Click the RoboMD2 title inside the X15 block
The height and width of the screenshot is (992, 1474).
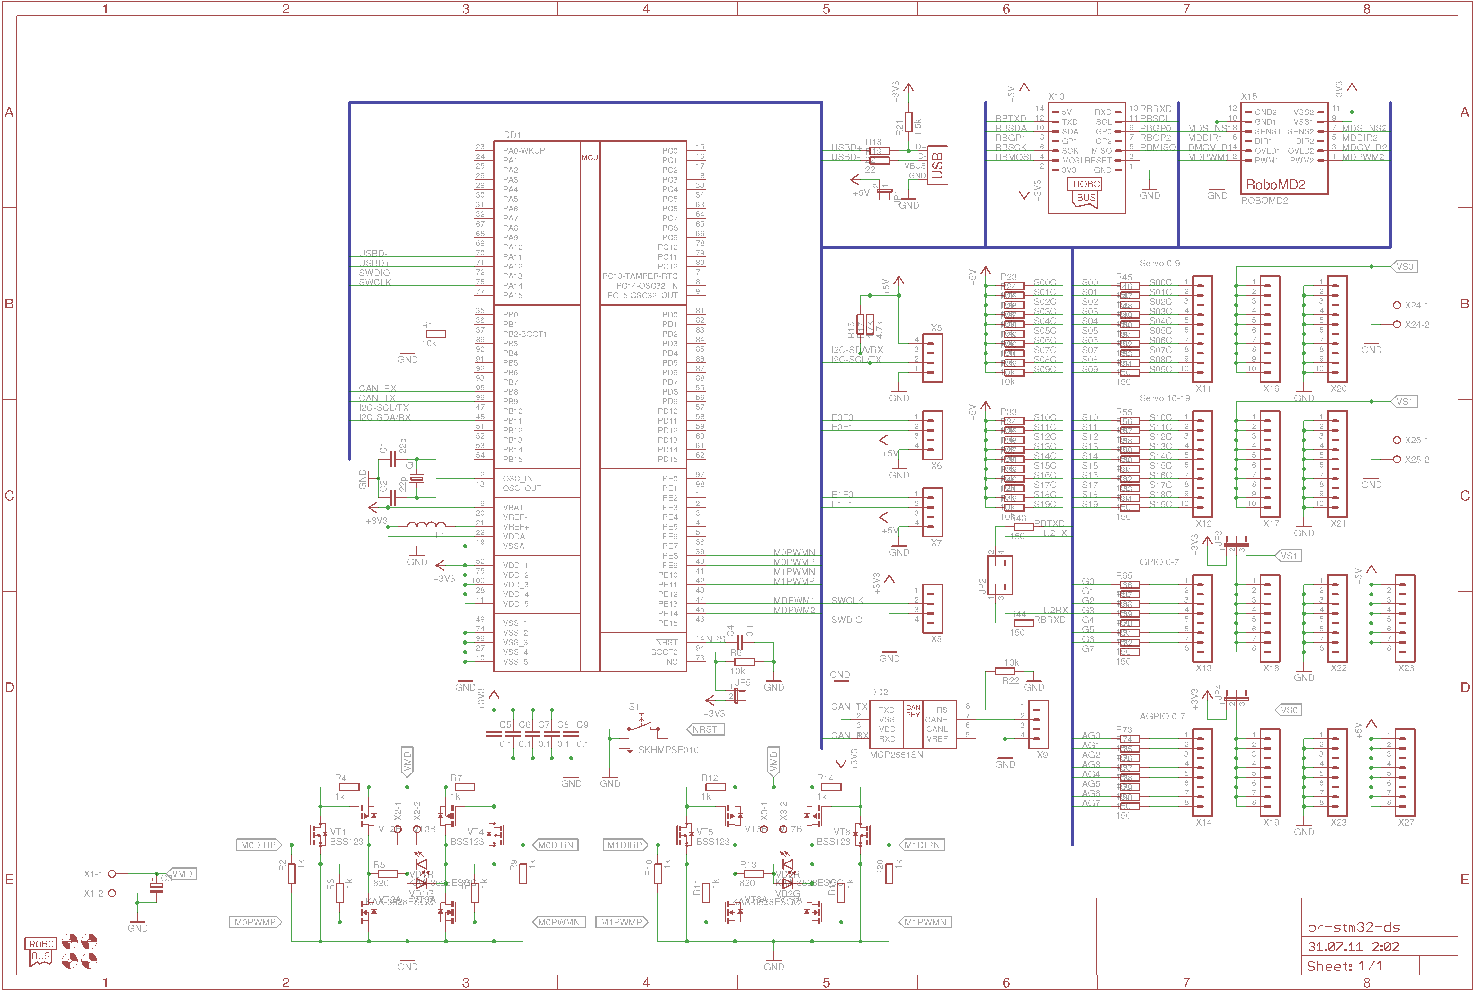(x=1275, y=185)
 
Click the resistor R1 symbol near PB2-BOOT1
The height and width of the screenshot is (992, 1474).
(x=436, y=334)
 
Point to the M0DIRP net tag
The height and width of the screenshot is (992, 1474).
(x=258, y=845)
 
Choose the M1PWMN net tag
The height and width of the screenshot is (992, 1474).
(x=925, y=922)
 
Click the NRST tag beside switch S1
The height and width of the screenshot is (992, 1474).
(x=705, y=729)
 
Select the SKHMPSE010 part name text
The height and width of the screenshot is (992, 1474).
(x=668, y=750)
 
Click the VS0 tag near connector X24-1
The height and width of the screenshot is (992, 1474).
(x=1405, y=267)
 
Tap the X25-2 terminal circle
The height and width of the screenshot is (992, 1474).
(x=1397, y=460)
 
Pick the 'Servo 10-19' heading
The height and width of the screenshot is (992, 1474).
(x=1165, y=398)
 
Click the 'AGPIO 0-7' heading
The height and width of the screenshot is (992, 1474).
(x=1162, y=716)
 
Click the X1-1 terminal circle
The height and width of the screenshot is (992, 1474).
(x=112, y=874)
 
